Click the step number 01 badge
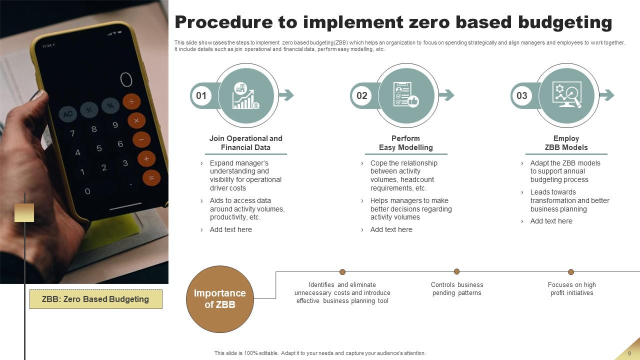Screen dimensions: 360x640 (x=201, y=95)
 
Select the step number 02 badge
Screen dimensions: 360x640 (x=361, y=95)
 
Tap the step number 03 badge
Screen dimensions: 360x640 (x=521, y=95)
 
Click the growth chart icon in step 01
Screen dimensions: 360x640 (x=246, y=95)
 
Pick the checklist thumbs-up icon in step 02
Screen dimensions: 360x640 (x=406, y=95)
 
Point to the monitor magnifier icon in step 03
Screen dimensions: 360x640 (x=566, y=95)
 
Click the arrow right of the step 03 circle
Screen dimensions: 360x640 (x=607, y=95)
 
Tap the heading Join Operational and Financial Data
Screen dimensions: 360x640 (x=245, y=143)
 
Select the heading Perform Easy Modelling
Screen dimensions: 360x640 (x=405, y=143)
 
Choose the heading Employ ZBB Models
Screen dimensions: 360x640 (x=566, y=143)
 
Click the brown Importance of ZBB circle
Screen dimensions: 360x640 (x=220, y=299)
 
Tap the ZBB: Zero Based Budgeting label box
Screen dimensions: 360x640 (x=95, y=299)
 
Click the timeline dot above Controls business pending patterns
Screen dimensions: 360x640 (x=456, y=271)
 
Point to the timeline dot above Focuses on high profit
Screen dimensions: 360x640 (x=571, y=272)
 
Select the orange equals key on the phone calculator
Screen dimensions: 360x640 (x=151, y=177)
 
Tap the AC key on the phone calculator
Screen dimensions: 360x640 (x=68, y=114)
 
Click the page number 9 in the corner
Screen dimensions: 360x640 (x=629, y=353)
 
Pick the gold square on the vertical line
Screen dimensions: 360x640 (x=24, y=212)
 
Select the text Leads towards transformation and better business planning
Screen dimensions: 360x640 (x=569, y=200)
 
